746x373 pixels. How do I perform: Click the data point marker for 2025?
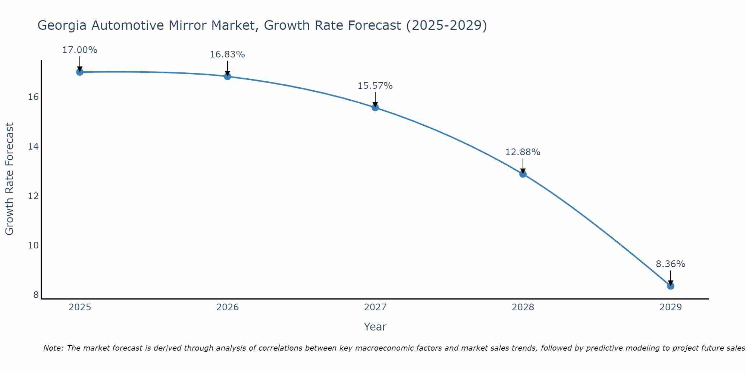79,72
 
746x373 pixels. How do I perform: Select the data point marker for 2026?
228,76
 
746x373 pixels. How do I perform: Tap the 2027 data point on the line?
375,108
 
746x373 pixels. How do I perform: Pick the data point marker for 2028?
523,174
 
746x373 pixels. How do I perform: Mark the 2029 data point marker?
671,286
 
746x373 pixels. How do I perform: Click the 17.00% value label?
79,50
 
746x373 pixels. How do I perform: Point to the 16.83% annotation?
227,54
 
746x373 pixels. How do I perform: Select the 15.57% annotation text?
375,86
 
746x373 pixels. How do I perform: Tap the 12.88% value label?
523,152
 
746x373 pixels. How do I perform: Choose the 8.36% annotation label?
670,264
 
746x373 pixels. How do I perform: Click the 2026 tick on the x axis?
228,307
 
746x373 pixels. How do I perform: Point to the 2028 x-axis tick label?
523,307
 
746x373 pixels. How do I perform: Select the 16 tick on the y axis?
33,97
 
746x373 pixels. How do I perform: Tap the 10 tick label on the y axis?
33,245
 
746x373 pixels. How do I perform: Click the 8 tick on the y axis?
36,295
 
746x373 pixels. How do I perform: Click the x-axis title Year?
375,327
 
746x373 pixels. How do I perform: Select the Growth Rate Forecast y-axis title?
9,179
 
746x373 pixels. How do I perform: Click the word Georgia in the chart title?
62,26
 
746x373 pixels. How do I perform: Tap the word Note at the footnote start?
53,348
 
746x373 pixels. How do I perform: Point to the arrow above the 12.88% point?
523,165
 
